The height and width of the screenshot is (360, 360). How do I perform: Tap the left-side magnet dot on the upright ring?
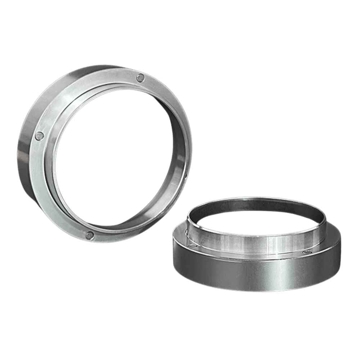tap(40, 136)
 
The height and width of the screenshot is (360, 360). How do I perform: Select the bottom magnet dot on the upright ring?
tap(90, 235)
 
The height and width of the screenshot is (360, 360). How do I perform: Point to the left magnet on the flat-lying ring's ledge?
tap(194, 245)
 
